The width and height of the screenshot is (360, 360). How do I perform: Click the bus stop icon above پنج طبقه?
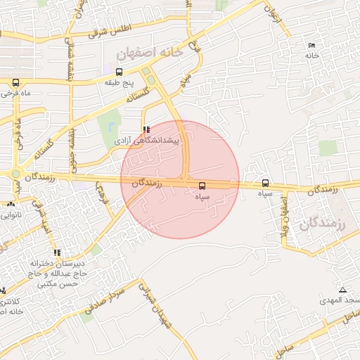tap(118, 72)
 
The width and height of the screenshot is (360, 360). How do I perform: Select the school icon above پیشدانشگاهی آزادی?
tap(146, 129)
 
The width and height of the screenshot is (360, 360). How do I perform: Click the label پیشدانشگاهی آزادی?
tap(147, 141)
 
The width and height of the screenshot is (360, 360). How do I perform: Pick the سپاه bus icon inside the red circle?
tap(202, 186)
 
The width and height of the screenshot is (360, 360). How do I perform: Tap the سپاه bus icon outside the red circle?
tap(265, 183)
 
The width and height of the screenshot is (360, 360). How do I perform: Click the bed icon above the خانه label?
tap(311, 46)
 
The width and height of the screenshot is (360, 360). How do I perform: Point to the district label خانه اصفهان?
tap(150, 52)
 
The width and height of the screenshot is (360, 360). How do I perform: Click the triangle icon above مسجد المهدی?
tap(342, 290)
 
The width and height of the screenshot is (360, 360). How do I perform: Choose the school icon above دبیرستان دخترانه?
tap(56, 252)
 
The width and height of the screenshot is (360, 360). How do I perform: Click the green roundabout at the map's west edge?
tap(15, 174)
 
